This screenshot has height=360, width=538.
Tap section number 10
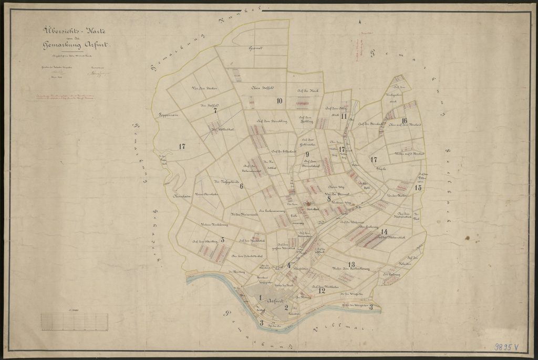(x=280, y=100)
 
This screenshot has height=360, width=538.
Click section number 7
(x=215, y=111)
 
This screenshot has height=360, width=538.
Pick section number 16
(x=404, y=120)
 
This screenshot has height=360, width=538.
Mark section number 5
(x=223, y=240)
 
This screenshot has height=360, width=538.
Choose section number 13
(x=350, y=264)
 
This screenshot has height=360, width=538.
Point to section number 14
(x=385, y=232)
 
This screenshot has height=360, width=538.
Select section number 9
(x=307, y=153)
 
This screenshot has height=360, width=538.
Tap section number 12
(x=322, y=290)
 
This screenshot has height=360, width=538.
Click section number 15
(x=418, y=187)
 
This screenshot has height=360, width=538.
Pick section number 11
(x=344, y=116)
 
